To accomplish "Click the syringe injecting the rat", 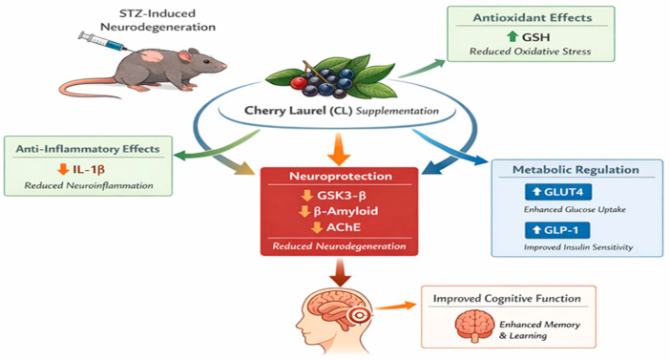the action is (x=101, y=42).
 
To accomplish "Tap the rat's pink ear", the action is (x=185, y=56).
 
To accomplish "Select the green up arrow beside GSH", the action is (x=513, y=37).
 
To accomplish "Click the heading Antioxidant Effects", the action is (x=532, y=17).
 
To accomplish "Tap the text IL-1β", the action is (x=89, y=169).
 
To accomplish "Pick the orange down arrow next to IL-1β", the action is (x=63, y=169).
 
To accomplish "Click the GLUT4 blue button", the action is (x=558, y=192).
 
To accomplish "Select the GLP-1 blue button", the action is (x=557, y=230).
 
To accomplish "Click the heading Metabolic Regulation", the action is (x=576, y=170).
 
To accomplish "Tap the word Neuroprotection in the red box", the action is (x=341, y=176).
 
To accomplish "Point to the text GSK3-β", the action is (x=342, y=196).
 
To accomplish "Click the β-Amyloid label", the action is (x=345, y=211).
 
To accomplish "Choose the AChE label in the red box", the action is (x=344, y=227).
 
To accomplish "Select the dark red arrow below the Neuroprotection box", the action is (x=340, y=272).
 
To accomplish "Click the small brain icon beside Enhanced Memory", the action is (x=474, y=326).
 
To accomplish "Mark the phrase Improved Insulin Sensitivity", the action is (x=578, y=247).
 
